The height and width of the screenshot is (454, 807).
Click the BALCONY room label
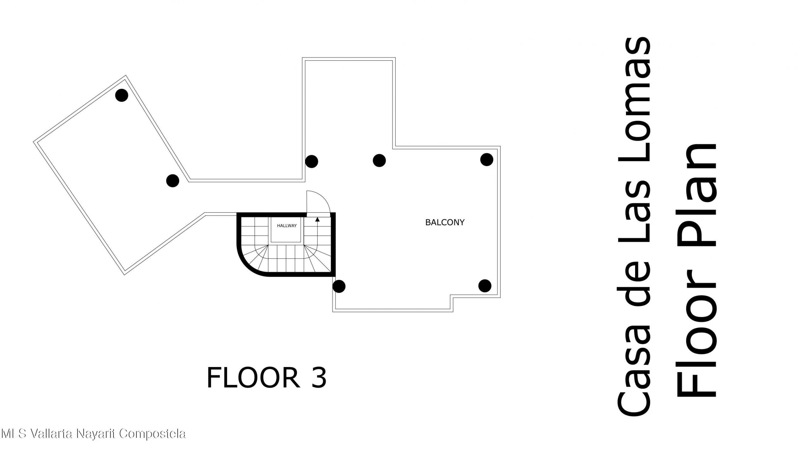445,222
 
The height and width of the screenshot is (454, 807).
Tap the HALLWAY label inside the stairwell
287,226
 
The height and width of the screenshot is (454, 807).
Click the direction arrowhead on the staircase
317,219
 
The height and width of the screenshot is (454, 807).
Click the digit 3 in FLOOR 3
319,378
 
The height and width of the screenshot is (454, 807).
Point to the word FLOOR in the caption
253,378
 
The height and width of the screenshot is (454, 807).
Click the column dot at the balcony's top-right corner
486,159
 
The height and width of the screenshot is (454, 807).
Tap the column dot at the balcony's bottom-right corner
485,286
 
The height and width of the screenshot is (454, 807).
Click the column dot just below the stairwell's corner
339,286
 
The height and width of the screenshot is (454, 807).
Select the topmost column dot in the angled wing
121,95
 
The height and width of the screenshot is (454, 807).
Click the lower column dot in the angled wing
172,181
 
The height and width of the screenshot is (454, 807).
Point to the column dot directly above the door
311,161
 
